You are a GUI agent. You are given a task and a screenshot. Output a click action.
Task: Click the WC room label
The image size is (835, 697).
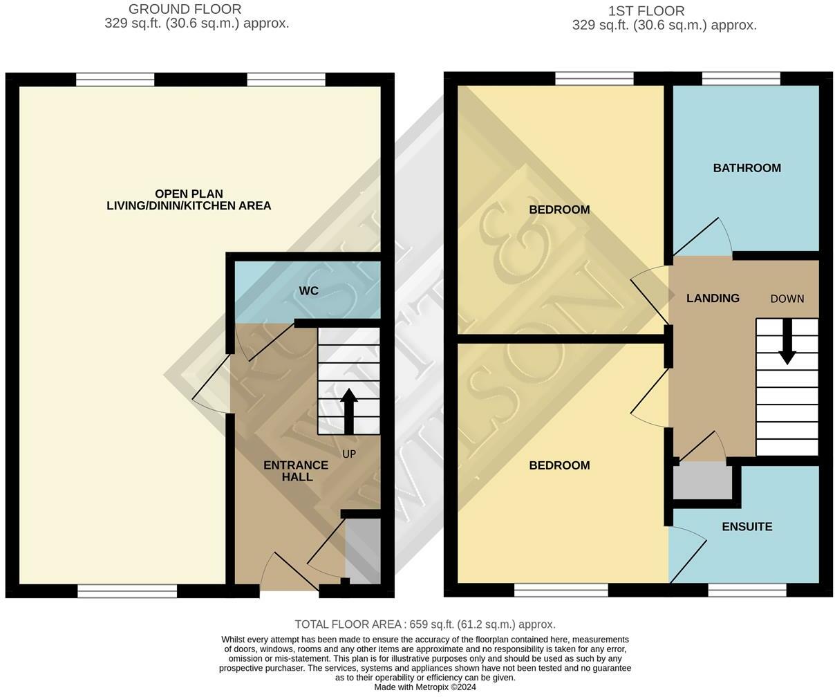tap(308, 291)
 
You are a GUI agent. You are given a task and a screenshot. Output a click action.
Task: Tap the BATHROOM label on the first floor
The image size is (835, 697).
tap(747, 168)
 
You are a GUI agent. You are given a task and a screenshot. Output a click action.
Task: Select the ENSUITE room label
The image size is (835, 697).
tap(747, 527)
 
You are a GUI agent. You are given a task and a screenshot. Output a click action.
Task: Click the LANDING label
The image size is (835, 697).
tap(713, 298)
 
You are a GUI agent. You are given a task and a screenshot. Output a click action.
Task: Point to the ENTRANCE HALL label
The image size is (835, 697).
tap(296, 471)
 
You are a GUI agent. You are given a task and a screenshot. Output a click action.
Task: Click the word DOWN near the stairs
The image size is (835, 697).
tap(787, 299)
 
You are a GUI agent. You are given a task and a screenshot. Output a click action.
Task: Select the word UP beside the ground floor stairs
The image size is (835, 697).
tap(349, 454)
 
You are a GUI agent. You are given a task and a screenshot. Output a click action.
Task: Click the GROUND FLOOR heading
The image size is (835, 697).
tap(185, 9)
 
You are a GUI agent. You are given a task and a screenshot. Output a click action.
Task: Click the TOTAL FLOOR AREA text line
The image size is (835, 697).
tap(424, 624)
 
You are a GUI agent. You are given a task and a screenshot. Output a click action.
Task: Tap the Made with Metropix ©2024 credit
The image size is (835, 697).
tap(424, 687)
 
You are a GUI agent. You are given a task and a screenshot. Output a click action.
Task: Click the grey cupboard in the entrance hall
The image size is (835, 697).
tap(362, 551)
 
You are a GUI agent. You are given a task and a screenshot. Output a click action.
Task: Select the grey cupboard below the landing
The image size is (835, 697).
tap(702, 482)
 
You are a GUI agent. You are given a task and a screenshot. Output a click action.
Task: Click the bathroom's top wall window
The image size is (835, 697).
tap(741, 79)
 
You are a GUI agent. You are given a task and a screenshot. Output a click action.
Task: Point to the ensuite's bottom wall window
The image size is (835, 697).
tap(747, 590)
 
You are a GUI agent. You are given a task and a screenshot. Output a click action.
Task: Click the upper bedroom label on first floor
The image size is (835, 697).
tap(559, 210)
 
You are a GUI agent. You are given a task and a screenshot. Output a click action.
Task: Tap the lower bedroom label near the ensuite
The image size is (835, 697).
tap(559, 465)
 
